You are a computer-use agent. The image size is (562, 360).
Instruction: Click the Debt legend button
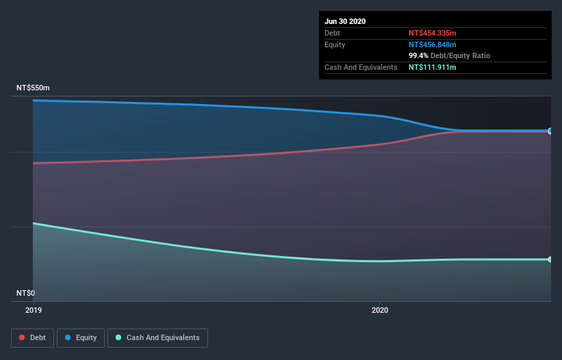31,337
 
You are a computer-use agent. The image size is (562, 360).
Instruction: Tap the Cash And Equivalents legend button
157,337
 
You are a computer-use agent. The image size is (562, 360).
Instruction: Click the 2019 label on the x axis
33,310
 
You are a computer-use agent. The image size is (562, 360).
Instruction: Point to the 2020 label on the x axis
380,310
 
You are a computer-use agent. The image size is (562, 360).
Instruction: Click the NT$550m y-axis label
33,88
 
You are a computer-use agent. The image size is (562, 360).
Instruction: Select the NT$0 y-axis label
25,293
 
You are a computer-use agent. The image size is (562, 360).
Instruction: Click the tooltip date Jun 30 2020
345,21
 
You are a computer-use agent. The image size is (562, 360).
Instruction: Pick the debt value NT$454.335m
432,33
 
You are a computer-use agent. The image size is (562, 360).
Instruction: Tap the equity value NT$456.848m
432,44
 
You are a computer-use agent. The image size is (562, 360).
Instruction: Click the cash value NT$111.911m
432,67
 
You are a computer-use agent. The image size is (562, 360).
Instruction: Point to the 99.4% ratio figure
418,55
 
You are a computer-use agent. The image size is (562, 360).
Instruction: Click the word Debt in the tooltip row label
332,33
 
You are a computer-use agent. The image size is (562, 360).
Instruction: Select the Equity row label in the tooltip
335,44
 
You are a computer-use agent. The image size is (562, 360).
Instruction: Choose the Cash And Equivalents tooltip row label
361,67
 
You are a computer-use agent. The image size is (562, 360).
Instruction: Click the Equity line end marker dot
550,131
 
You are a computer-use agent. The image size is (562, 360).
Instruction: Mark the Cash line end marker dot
550,259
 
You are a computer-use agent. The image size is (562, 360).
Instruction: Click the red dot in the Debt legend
23,337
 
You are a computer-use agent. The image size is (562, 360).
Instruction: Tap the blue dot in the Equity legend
69,337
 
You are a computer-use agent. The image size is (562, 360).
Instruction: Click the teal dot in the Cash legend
119,337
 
